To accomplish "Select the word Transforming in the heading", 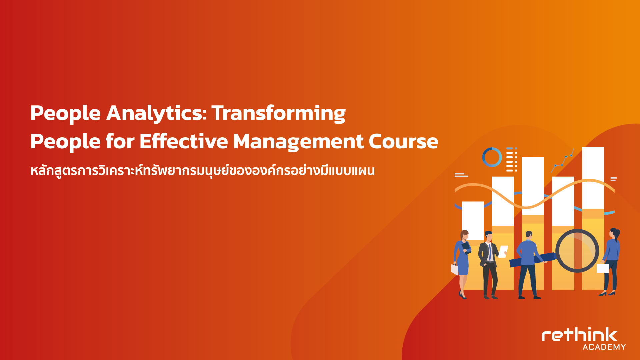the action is pos(279,114).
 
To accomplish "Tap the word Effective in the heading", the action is pos(184,141).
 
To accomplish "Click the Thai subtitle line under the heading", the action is pos(202,170).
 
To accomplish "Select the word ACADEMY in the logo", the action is pos(604,347).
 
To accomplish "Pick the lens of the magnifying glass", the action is pos(577,251).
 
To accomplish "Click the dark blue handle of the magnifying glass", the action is pos(532,260).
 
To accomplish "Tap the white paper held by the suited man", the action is pos(503,251).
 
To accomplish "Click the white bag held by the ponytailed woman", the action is pos(603,268).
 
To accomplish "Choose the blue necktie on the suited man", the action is pos(490,252).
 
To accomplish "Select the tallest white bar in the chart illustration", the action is pos(593,178).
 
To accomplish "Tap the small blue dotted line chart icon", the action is pos(563,161).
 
